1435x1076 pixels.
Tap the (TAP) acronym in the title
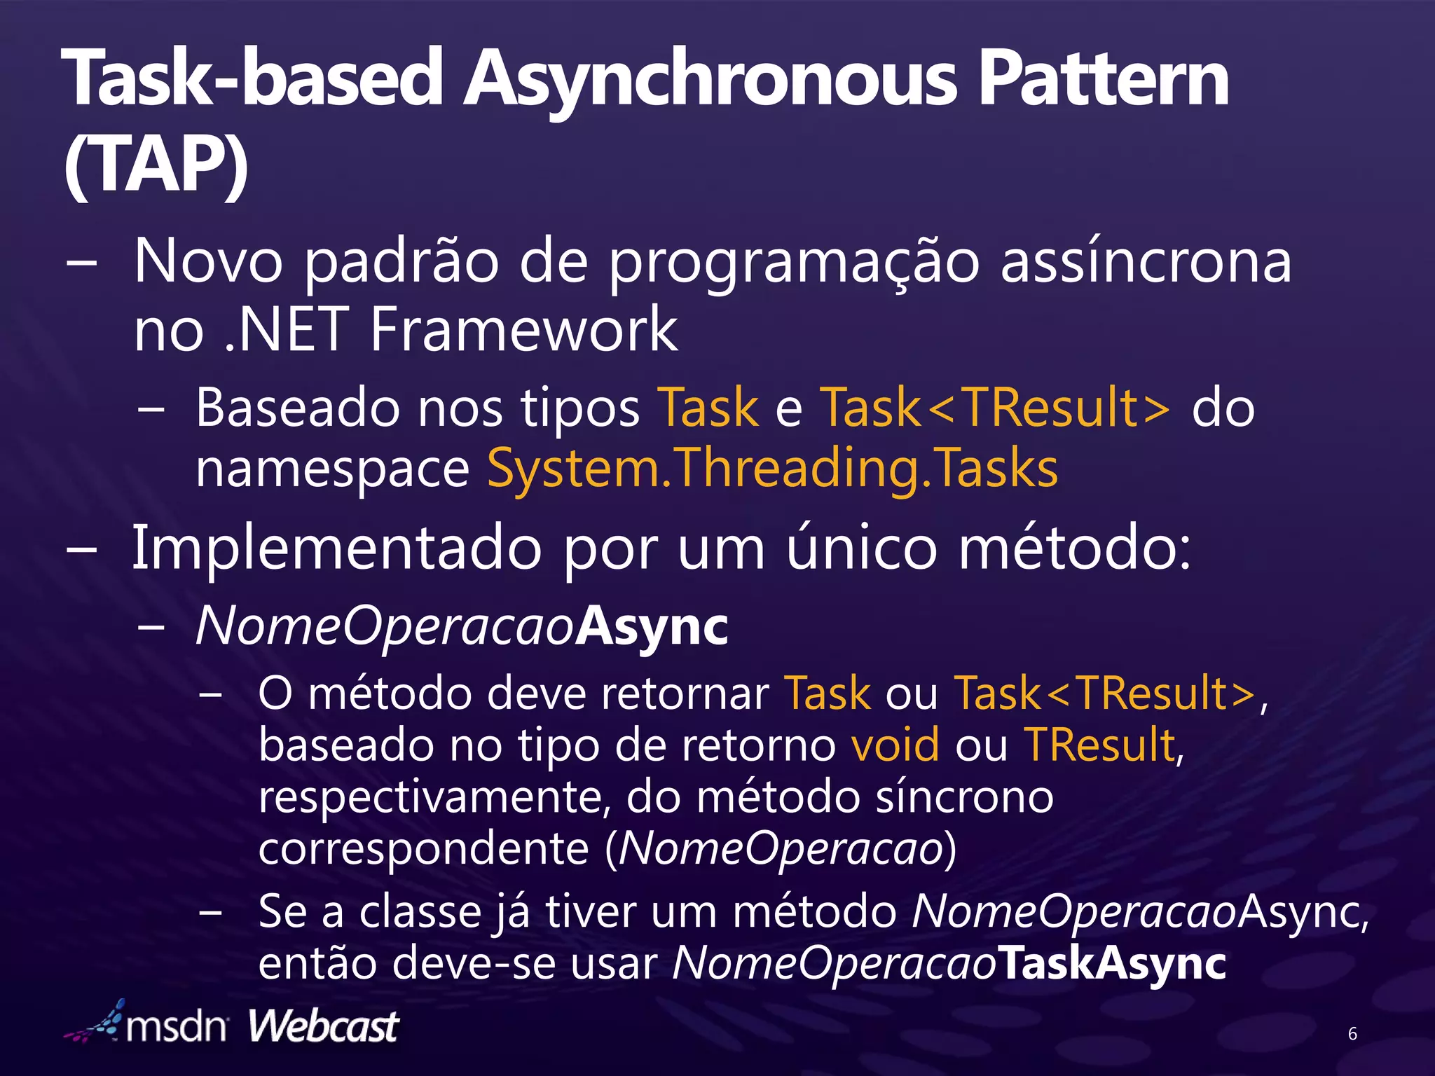(x=156, y=165)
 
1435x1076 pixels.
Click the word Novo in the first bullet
(x=208, y=261)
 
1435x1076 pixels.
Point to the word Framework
(x=523, y=329)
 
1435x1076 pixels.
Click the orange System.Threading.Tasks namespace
(x=772, y=468)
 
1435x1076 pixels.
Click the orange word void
(x=895, y=745)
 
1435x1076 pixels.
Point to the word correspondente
(x=423, y=849)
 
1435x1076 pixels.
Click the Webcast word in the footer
(x=323, y=1027)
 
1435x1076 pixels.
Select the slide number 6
(x=1352, y=1033)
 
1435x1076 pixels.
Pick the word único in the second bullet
(x=861, y=549)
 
